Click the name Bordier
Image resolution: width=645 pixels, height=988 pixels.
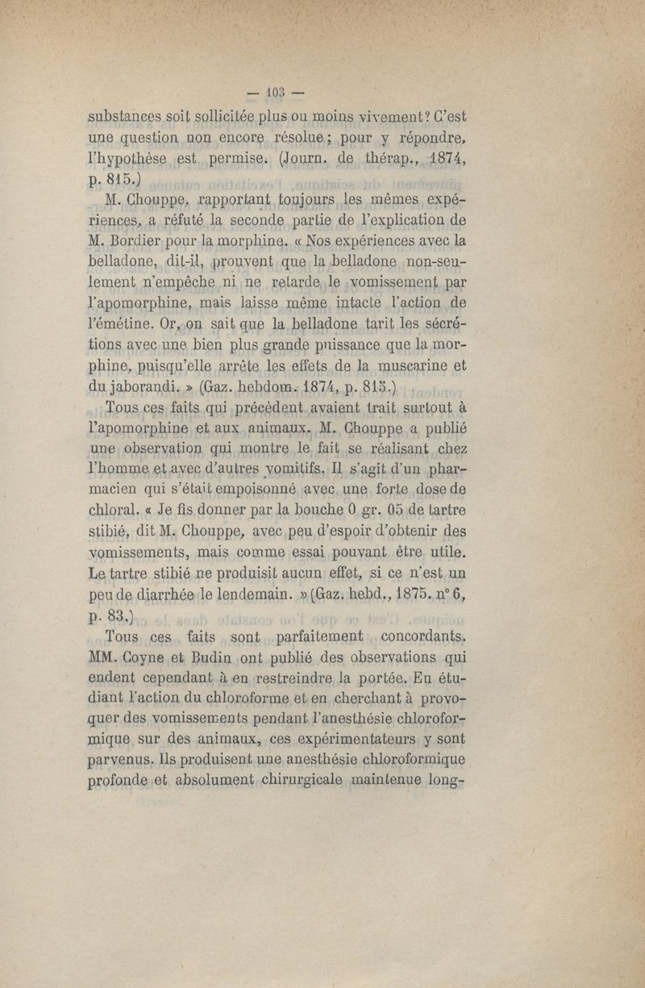tap(148, 240)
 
